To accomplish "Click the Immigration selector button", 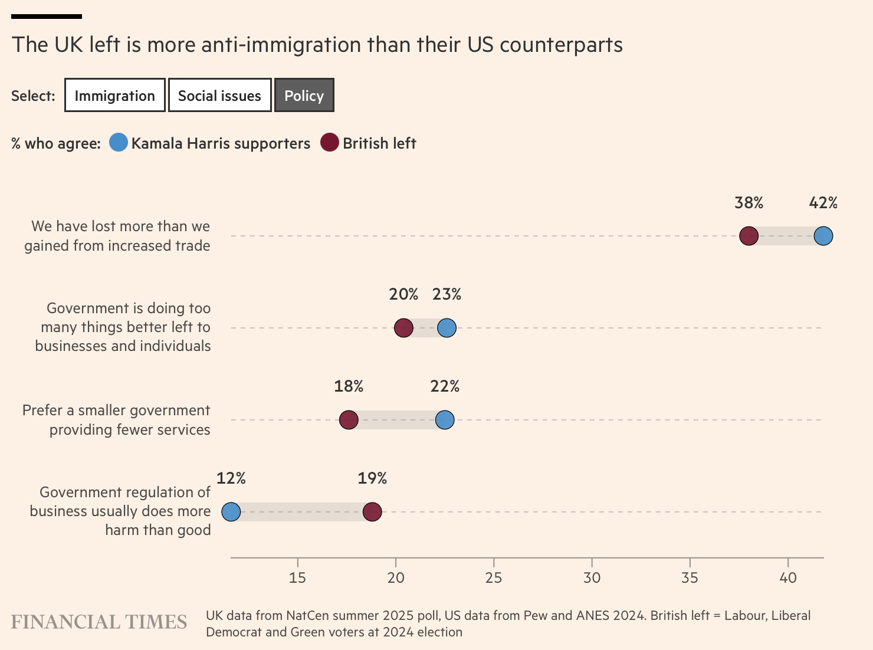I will point(115,96).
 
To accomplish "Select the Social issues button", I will point(219,96).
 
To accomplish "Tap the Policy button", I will point(304,96).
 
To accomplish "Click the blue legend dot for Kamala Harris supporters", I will point(119,143).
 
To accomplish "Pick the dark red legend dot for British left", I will point(330,143).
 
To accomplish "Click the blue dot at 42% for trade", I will point(823,236).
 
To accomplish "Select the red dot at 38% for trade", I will point(749,236).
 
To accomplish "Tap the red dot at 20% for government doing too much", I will point(403,327).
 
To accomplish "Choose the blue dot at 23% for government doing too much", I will point(447,327).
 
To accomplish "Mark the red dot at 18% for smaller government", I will point(349,420).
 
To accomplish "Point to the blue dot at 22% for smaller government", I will point(445,420).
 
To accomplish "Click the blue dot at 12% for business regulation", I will point(231,512).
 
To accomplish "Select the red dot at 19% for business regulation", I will point(372,512).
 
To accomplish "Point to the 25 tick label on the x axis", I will point(494,577).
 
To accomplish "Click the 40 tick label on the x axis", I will point(788,577).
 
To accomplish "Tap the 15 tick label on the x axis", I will point(297,577).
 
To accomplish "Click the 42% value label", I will point(823,203).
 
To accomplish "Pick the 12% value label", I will point(231,478).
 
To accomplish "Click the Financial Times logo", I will point(99,622).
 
